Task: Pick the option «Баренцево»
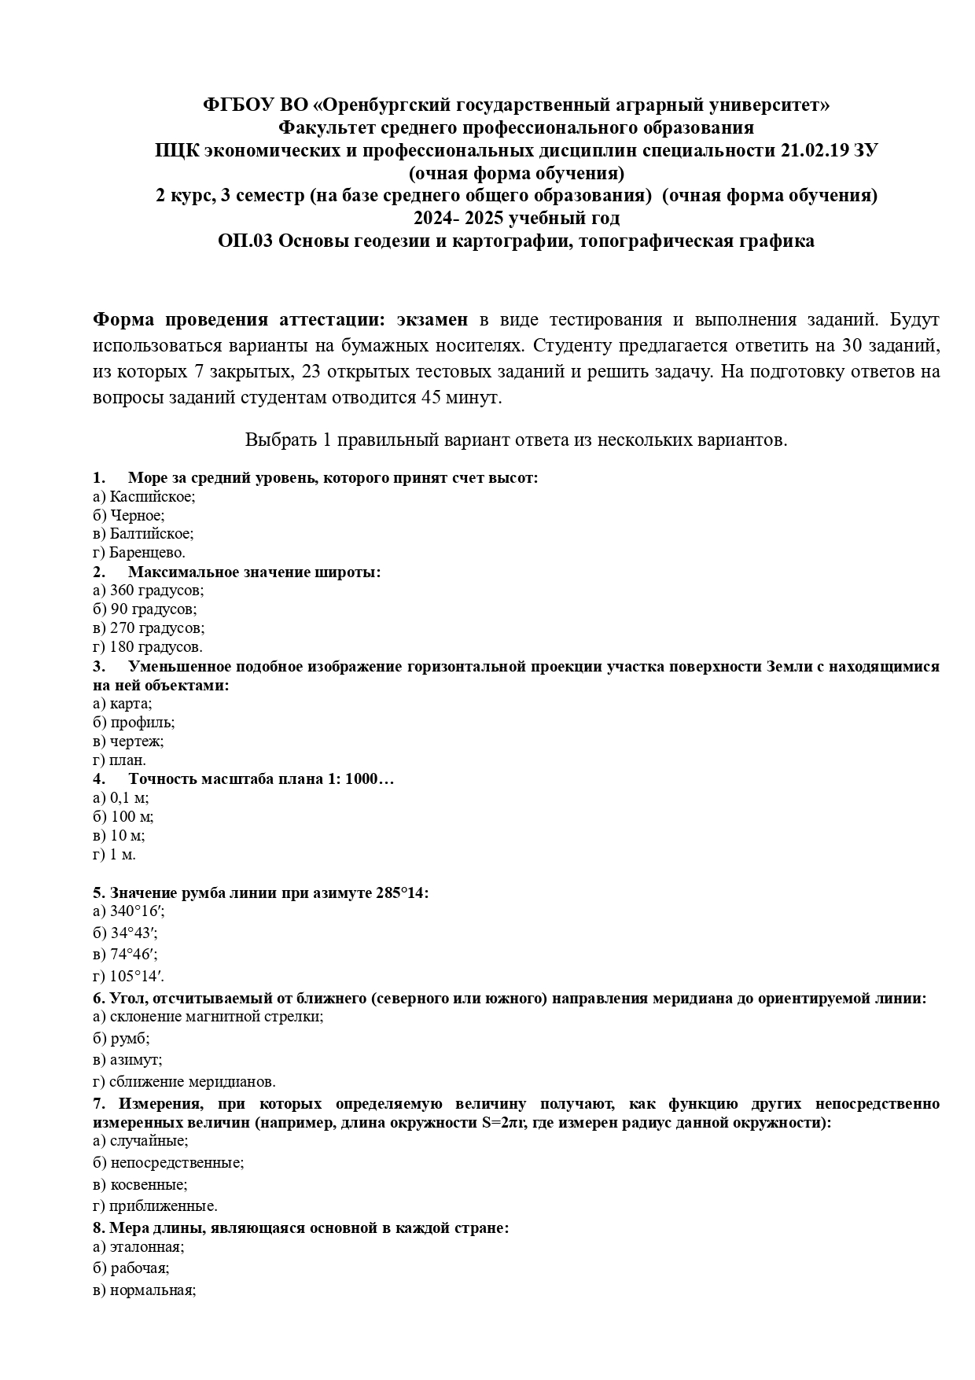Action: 146,553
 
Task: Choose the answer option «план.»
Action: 127,760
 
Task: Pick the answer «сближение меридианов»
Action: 192,1082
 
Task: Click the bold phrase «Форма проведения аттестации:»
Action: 239,320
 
